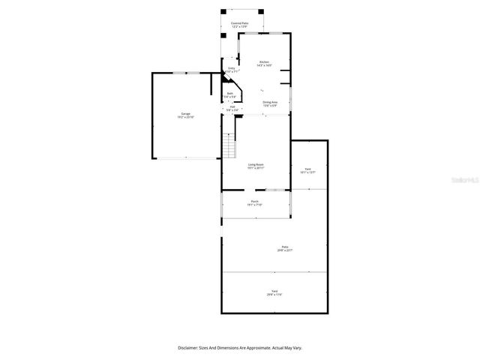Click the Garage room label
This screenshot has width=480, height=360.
185,113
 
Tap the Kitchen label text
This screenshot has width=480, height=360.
264,61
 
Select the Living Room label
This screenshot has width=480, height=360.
256,164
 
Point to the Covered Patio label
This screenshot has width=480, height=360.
241,24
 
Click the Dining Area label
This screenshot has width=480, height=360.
270,102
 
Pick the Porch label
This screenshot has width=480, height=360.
255,201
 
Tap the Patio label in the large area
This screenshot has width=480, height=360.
285,247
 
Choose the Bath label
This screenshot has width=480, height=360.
230,94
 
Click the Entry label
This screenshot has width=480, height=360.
232,69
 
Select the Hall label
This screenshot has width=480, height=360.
232,106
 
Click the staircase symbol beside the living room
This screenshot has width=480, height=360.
229,145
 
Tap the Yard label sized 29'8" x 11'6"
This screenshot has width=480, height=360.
274,291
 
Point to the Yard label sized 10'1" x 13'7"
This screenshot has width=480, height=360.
307,169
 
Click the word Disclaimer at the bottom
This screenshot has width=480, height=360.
188,348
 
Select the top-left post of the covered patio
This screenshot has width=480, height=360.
222,10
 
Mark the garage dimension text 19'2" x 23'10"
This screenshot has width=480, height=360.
185,117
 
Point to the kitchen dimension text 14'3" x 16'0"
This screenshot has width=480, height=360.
264,65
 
